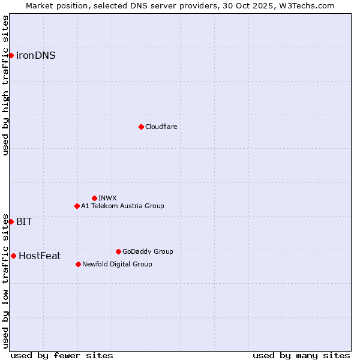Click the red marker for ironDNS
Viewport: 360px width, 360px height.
11,56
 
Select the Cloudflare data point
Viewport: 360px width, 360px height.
141,127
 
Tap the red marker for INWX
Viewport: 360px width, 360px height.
94,198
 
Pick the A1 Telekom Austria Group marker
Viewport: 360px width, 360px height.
77,206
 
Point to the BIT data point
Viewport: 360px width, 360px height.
11,221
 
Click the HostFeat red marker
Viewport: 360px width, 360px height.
13,256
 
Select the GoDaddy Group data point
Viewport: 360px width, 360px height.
118,251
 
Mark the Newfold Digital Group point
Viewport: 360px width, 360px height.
78,264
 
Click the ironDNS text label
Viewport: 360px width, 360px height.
36,56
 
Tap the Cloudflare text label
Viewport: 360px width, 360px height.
161,127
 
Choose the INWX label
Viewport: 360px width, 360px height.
107,198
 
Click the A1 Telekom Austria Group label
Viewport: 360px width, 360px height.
122,206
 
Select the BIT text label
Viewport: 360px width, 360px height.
24,221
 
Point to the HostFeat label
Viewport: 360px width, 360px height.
40,256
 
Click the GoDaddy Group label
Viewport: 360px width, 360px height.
148,251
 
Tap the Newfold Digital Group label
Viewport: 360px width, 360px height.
117,264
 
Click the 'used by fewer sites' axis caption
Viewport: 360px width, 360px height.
62,355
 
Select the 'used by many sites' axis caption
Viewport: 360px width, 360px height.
301,355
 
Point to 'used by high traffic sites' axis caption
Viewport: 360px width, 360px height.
5,85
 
